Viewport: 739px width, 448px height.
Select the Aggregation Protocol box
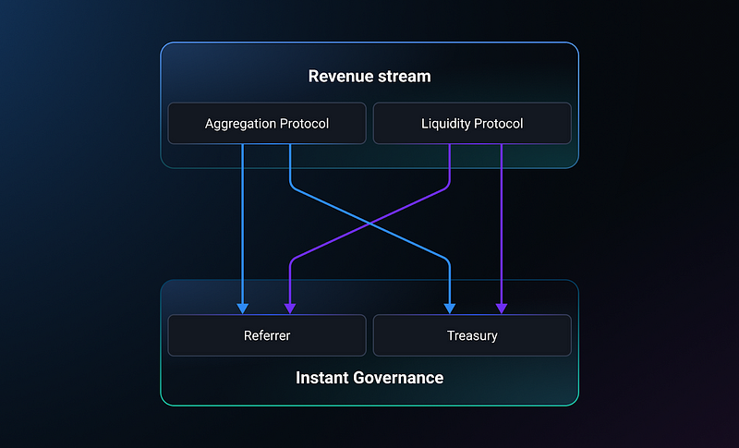(x=267, y=124)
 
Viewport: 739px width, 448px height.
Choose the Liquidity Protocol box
(x=472, y=124)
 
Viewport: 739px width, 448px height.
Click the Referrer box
(x=267, y=335)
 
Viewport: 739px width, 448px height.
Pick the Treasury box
(x=472, y=335)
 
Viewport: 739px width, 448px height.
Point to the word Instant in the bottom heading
(x=321, y=378)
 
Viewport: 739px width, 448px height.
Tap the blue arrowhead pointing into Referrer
(x=243, y=309)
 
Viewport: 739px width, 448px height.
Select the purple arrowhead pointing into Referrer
(x=290, y=309)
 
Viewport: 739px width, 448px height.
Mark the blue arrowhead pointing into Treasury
(x=450, y=309)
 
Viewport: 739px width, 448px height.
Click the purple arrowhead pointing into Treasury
(x=502, y=309)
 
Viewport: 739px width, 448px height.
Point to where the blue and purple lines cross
(x=370, y=224)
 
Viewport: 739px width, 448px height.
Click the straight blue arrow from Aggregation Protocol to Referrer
(x=243, y=229)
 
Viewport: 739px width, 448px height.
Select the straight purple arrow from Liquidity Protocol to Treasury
(x=502, y=229)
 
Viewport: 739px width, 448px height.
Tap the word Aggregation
(x=240, y=124)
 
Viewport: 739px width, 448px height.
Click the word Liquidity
(x=445, y=124)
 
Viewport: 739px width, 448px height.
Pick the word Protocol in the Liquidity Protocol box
(x=498, y=124)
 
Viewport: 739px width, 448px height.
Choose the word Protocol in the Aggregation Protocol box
(x=305, y=124)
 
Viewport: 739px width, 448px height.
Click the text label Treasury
(x=472, y=336)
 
